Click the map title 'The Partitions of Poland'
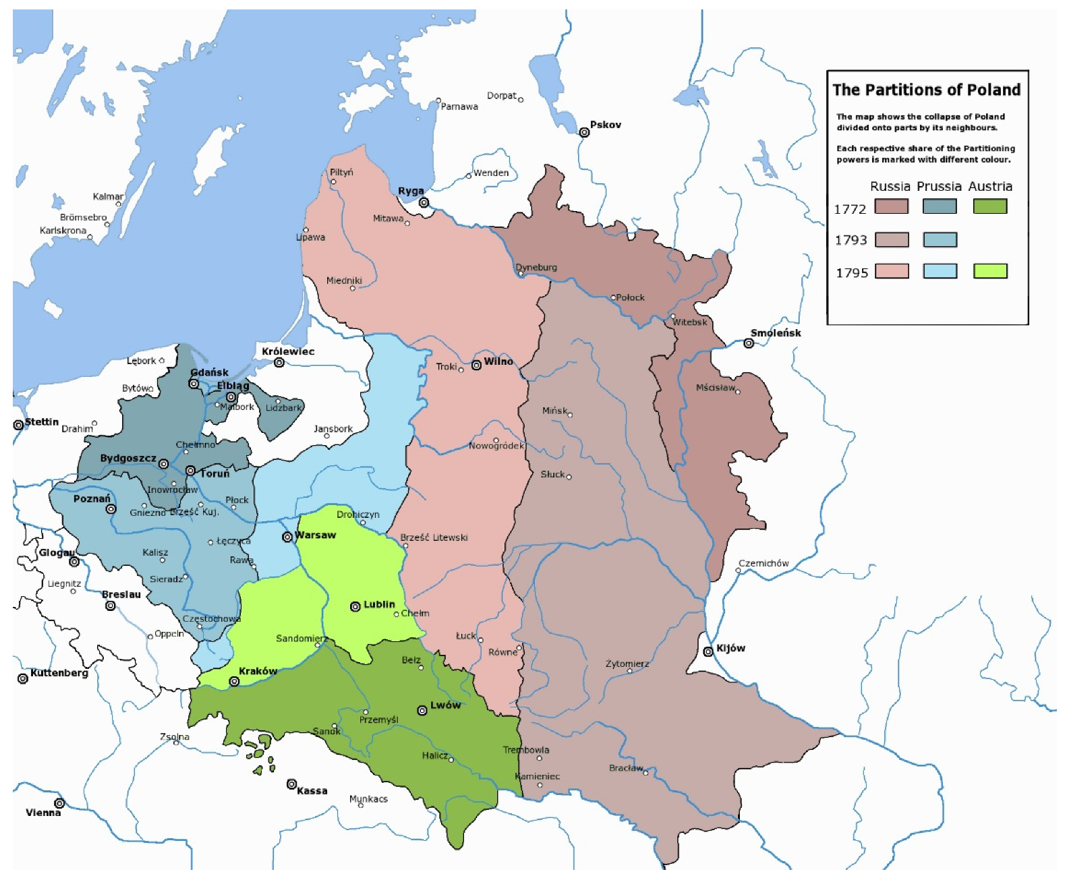pos(926,90)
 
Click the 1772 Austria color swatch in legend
pos(989,206)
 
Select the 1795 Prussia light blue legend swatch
pos(940,271)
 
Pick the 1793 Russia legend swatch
pos(891,239)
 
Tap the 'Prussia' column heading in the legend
pos(939,187)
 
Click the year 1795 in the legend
pos(852,273)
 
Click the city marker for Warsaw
pos(287,537)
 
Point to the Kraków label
pos(258,671)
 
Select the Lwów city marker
pos(422,710)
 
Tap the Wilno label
pos(498,361)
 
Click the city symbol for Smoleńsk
pos(749,343)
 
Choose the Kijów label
pos(730,648)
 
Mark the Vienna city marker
pos(59,803)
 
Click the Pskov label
pos(605,125)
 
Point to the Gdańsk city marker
pos(194,384)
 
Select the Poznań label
pos(92,498)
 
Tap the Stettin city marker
pos(18,425)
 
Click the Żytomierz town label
pos(627,664)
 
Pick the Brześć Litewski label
pos(434,537)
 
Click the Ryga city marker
pos(424,202)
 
